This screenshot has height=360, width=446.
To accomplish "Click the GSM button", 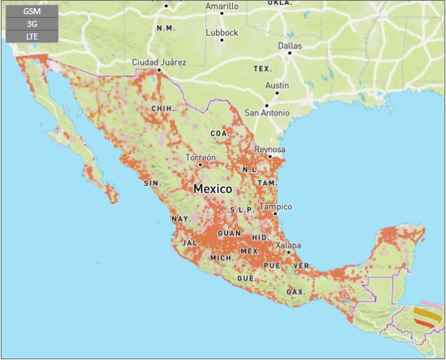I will [31, 12].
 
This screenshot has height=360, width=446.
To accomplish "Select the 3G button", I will [31, 24].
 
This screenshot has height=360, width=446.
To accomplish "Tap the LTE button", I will [31, 36].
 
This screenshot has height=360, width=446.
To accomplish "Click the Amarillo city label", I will [222, 7].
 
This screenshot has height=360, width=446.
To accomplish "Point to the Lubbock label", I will [222, 33].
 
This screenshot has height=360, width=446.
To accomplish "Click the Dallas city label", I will [290, 45].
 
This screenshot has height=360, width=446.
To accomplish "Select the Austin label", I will [277, 86].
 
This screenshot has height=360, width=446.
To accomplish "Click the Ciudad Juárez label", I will [159, 62].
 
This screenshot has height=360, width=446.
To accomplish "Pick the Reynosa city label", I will [270, 149].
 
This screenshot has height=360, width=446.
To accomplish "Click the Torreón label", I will [200, 158].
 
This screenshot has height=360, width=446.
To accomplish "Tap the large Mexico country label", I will [213, 189].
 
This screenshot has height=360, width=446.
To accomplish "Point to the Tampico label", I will [275, 206].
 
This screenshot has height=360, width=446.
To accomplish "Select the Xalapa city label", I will [288, 245].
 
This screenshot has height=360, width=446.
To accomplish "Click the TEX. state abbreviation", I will [262, 69].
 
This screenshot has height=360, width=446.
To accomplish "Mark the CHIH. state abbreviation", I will [162, 108].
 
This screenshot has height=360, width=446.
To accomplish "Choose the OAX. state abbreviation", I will [296, 291].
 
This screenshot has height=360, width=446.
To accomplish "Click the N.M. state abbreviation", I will [165, 28].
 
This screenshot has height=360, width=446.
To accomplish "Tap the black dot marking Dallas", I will [290, 54].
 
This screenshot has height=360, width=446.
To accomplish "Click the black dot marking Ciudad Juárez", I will [159, 70].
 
